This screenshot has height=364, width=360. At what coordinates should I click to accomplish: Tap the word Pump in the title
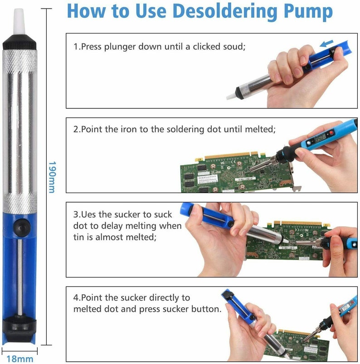click(308, 12)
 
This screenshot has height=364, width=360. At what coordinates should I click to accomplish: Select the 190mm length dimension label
click(52, 177)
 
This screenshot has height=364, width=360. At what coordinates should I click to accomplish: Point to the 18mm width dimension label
click(20, 359)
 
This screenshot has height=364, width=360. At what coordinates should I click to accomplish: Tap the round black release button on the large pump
click(22, 227)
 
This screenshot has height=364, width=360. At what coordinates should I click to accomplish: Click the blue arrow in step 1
click(326, 44)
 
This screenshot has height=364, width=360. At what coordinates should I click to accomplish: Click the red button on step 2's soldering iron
click(331, 133)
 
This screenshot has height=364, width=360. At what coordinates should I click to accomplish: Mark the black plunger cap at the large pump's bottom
click(19, 328)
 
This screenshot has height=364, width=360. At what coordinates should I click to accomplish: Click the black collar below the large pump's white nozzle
click(19, 42)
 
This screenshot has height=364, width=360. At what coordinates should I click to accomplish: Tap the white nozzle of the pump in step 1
click(231, 97)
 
